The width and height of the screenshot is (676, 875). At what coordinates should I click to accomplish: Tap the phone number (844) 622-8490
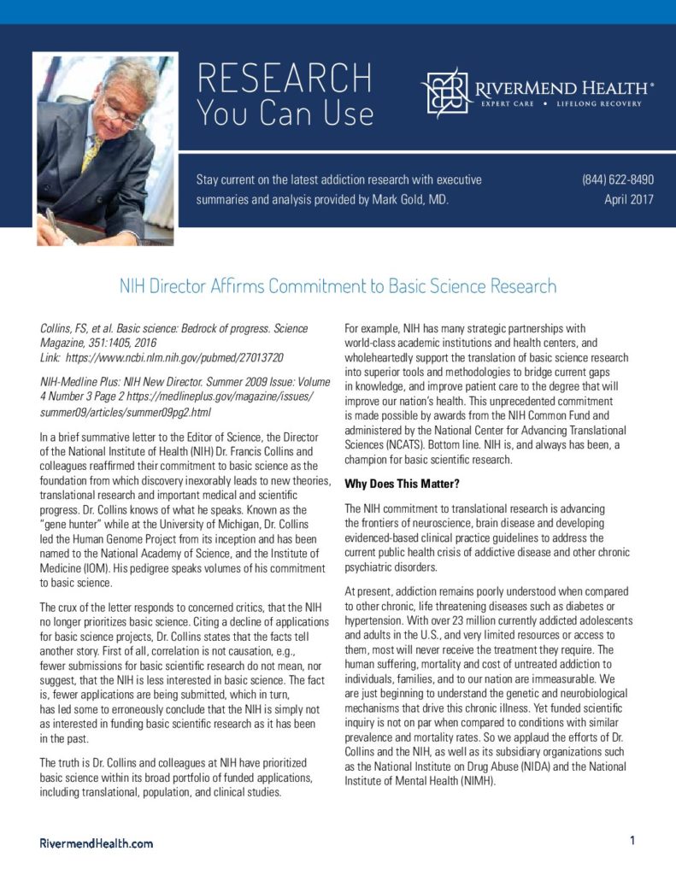click(618, 179)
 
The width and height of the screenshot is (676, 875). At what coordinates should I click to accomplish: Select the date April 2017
click(628, 200)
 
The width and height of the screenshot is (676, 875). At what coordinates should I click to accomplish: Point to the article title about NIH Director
click(338, 286)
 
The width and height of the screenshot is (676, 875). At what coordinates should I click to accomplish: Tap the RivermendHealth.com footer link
click(97, 843)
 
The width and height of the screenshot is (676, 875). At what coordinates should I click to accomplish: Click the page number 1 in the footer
click(632, 841)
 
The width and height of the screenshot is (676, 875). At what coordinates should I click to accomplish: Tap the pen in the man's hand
click(53, 224)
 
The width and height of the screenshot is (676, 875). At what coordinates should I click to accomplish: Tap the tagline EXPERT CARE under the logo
click(508, 103)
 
